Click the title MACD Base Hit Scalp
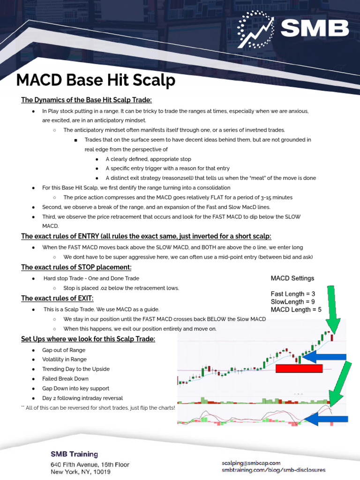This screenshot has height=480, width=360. click(x=96, y=81)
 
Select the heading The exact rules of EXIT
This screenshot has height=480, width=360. click(x=57, y=299)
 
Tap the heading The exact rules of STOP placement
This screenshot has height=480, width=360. click(x=76, y=267)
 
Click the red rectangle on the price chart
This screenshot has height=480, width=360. click(x=299, y=368)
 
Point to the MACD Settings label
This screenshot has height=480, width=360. click(x=292, y=278)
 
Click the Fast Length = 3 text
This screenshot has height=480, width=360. click(x=293, y=294)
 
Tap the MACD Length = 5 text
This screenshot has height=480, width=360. click(x=296, y=310)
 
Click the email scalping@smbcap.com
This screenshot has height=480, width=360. click(x=251, y=463)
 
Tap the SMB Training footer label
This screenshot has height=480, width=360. click(x=74, y=454)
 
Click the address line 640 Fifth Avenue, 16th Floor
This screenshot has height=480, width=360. click(x=90, y=465)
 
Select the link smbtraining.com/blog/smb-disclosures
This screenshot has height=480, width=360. click(x=273, y=470)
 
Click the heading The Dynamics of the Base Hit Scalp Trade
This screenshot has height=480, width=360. click(x=86, y=100)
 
